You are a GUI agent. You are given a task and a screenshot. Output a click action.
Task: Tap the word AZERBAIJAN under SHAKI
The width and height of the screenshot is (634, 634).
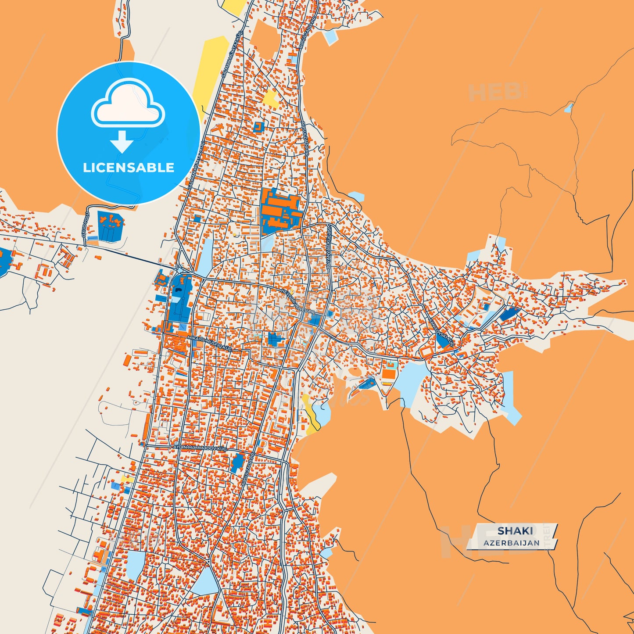click(512, 543)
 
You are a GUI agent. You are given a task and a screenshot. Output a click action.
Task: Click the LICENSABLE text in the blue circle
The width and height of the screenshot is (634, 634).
click(129, 168)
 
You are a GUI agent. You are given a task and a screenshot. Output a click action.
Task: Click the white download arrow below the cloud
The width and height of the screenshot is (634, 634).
click(122, 142)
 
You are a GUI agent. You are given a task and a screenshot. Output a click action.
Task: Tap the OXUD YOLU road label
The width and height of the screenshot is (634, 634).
click(85, 224)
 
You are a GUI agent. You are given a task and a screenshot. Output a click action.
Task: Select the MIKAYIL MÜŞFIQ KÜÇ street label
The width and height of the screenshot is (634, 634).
click(209, 343)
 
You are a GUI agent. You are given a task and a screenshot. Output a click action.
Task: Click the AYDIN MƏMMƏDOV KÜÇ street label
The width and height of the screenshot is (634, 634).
click(200, 447)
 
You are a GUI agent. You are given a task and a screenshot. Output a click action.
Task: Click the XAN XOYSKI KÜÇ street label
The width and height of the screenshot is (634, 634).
click(442, 332)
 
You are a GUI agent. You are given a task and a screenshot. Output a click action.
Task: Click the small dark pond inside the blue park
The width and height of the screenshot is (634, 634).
click(178, 290)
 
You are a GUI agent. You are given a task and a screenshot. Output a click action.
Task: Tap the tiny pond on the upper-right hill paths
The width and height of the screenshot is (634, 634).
click(569, 107)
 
